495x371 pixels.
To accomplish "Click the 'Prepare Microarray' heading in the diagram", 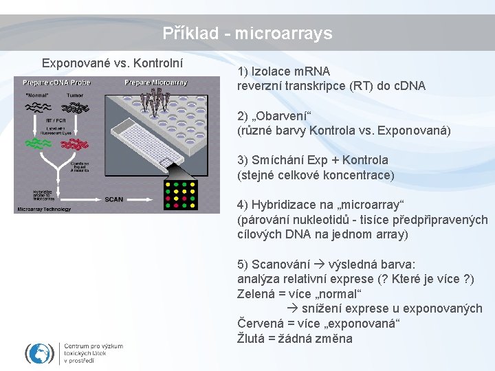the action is point(156,82).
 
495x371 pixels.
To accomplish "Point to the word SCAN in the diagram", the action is point(114,199).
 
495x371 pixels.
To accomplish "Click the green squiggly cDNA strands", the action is point(41,144).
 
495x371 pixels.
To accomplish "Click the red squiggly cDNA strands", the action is point(74,144).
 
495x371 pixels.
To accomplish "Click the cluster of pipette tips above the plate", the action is point(157,103).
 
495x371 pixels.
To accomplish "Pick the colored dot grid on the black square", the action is point(181,195).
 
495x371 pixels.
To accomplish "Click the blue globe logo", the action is point(39,353).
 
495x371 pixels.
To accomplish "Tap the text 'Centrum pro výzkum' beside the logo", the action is point(93,346).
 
